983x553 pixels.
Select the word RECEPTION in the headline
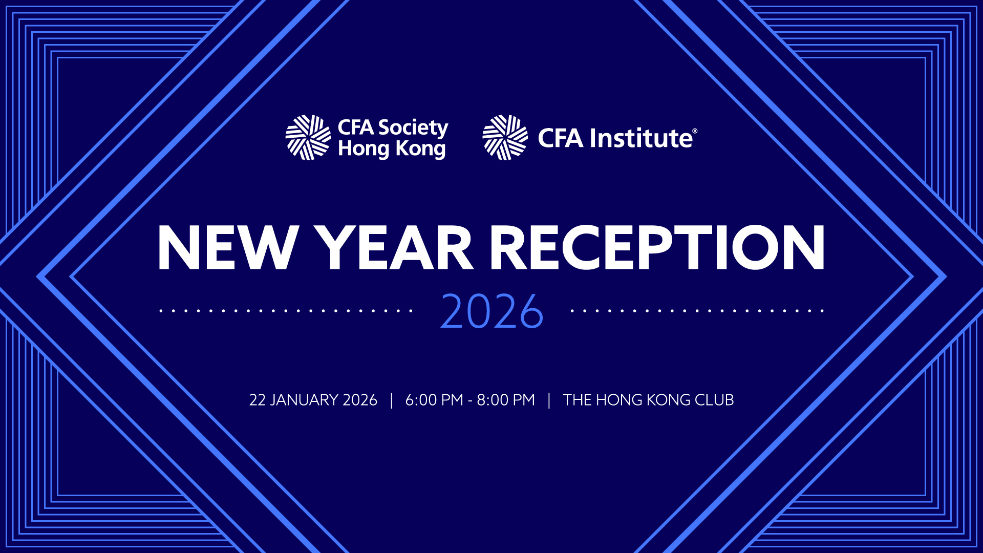pyautogui.click(x=657, y=247)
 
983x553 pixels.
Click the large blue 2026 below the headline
pyautogui.click(x=491, y=311)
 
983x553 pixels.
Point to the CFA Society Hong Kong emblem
pyautogui.click(x=308, y=137)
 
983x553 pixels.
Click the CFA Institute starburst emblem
pyautogui.click(x=505, y=137)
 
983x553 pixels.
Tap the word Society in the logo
pyautogui.click(x=413, y=128)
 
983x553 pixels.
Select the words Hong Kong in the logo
pyautogui.click(x=392, y=149)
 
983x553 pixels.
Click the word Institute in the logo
pyautogui.click(x=640, y=138)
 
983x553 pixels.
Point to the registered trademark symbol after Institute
pyautogui.click(x=695, y=131)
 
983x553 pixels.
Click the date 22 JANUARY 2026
pyautogui.click(x=313, y=400)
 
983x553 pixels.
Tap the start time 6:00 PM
pyautogui.click(x=434, y=400)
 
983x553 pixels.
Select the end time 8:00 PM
pyautogui.click(x=506, y=400)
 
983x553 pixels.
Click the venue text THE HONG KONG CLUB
pyautogui.click(x=648, y=400)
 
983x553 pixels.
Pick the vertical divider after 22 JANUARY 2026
pyautogui.click(x=392, y=400)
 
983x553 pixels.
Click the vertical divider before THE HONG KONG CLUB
pyautogui.click(x=549, y=400)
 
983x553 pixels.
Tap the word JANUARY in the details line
pyautogui.click(x=304, y=400)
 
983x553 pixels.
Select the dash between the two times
pyautogui.click(x=470, y=401)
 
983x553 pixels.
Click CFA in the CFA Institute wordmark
pyautogui.click(x=560, y=138)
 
